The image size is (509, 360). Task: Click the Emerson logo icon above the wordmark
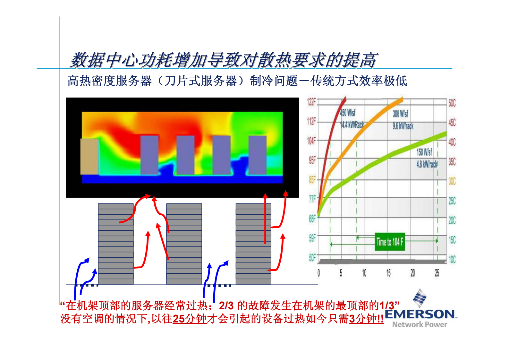(419, 298)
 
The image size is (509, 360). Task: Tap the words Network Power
(420, 324)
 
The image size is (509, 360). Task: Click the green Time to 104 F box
(390, 242)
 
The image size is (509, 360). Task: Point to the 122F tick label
(311, 102)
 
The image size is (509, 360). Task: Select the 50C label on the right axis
(452, 103)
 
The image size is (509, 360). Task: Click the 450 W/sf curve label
(348, 113)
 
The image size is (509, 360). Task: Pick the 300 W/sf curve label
(401, 114)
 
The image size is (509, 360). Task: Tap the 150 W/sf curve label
(424, 152)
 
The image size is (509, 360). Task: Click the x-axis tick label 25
(437, 273)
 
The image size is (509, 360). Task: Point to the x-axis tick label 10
(364, 273)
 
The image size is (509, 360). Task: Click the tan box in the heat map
(89, 157)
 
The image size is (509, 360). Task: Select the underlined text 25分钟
(190, 319)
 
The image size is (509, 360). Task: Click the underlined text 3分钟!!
(366, 319)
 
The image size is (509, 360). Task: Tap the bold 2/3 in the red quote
(226, 305)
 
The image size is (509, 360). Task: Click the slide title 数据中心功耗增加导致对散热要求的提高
(223, 60)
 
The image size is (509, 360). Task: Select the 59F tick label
(312, 238)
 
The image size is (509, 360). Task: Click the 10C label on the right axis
(452, 259)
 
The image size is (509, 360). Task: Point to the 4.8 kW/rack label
(427, 165)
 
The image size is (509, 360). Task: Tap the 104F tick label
(311, 141)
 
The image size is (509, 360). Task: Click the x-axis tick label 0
(318, 273)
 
